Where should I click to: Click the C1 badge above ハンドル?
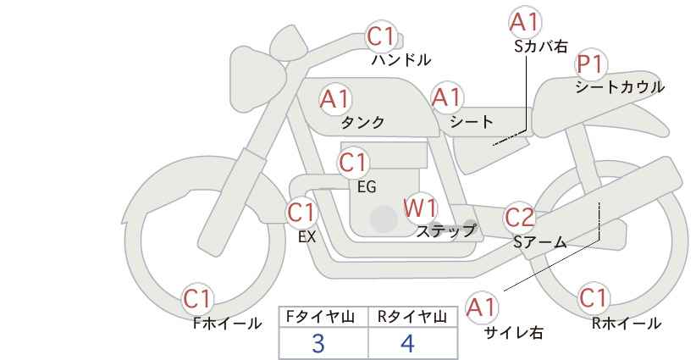tap(382, 36)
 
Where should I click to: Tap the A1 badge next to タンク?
tap(335, 99)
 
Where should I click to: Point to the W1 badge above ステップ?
tap(419, 207)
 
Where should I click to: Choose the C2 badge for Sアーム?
tap(519, 217)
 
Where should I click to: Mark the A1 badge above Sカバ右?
tap(526, 22)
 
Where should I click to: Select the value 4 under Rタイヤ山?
tap(407, 343)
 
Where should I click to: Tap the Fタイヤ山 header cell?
tap(323, 317)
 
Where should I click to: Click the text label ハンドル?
tap(401, 60)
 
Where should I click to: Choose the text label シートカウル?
tap(619, 86)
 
